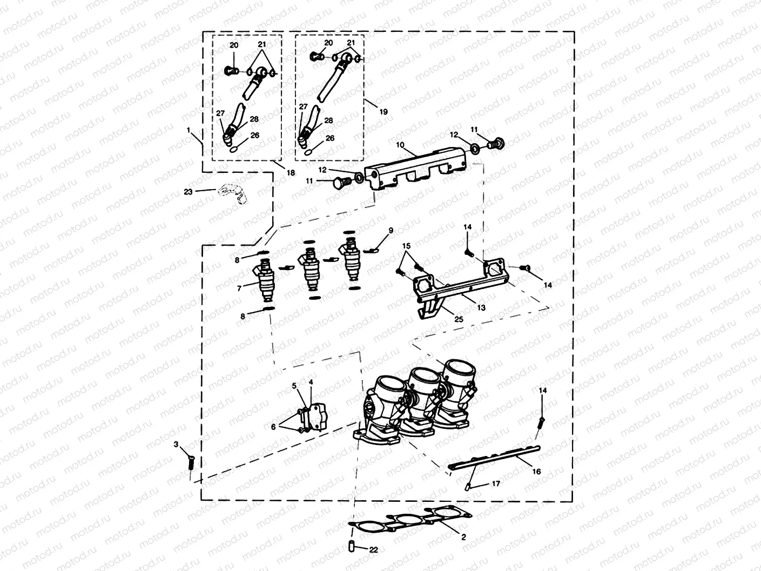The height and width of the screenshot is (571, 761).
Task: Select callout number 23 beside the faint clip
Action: point(188,191)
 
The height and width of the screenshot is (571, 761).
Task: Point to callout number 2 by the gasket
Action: point(462,537)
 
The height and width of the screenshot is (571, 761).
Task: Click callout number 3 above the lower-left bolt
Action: point(176,444)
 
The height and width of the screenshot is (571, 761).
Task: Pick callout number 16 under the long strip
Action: point(536,471)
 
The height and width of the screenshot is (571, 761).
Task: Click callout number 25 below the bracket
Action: point(459,319)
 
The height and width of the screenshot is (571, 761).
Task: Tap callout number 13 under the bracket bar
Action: point(481,307)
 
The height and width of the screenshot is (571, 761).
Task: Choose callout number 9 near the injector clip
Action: point(390,231)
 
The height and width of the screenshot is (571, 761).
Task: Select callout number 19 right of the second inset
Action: point(383,111)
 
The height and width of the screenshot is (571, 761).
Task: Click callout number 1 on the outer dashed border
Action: point(188,130)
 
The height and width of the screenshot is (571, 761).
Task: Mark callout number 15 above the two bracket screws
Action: point(407,246)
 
